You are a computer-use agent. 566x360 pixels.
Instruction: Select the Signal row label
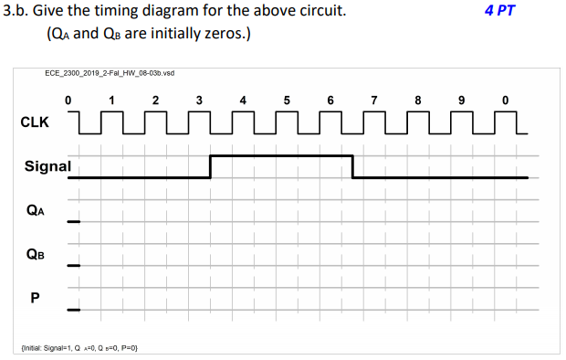coord(47,166)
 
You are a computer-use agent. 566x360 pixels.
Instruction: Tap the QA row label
coord(37,211)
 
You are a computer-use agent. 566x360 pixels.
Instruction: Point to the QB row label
coord(37,256)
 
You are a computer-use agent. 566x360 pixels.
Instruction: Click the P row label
coord(37,296)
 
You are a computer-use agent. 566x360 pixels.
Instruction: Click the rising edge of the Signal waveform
coord(211,166)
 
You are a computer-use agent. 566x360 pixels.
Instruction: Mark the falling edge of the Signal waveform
coord(353,166)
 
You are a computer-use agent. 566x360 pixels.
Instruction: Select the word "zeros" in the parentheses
coord(217,35)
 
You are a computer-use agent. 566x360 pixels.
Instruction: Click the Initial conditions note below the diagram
coord(86,347)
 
